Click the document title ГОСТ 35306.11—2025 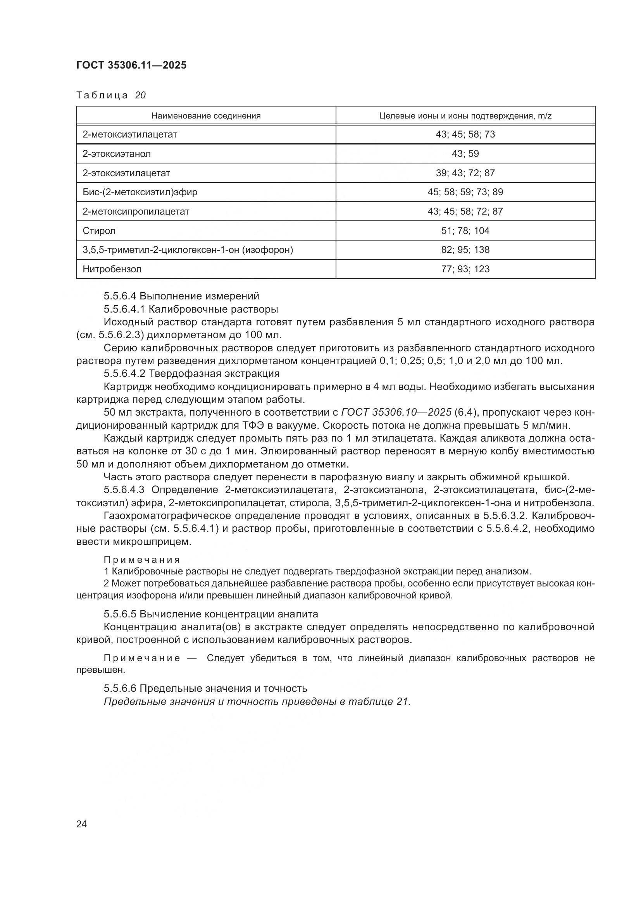(x=131, y=65)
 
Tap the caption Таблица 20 (x=111, y=96)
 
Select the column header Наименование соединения (x=206, y=116)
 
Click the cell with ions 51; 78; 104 (x=465, y=231)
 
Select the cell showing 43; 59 (x=465, y=154)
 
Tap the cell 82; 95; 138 (x=465, y=250)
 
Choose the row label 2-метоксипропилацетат (x=136, y=211)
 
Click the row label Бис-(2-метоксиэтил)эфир (x=140, y=192)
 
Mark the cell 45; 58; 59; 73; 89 (x=465, y=192)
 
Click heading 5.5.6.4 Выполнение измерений (x=181, y=296)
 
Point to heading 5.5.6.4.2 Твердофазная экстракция (x=191, y=373)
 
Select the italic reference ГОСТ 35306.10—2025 (x=396, y=413)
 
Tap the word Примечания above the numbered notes (x=142, y=560)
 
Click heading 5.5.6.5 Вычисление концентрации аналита (x=211, y=614)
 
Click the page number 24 (x=81, y=824)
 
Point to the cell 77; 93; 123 (x=465, y=270)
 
